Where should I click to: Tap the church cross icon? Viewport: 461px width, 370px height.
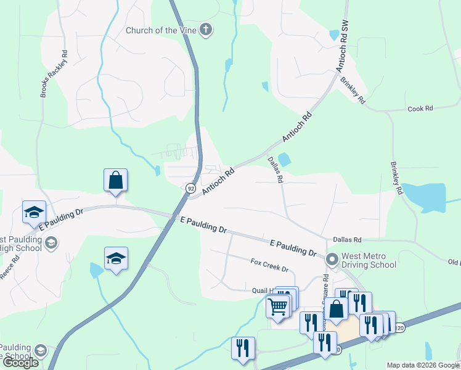click(206, 30)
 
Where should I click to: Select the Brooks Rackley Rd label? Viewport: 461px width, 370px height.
click(45, 73)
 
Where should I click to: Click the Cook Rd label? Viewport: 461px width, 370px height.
click(420, 109)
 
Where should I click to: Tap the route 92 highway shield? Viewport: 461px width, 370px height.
click(190, 187)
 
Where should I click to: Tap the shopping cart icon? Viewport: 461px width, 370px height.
click(278, 305)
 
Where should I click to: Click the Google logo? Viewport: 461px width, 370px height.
click(20, 363)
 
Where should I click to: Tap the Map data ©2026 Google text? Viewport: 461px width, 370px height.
click(423, 365)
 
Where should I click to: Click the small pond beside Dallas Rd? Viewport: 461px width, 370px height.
click(285, 159)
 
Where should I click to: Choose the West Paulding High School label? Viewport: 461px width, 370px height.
click(22, 244)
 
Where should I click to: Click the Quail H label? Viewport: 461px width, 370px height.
click(260, 290)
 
